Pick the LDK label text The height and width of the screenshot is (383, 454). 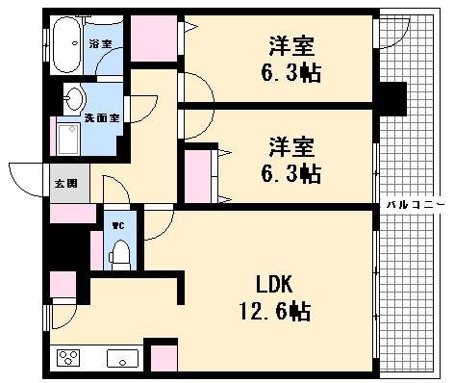[x=273, y=285]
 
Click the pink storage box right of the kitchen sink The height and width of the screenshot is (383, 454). [x=164, y=357]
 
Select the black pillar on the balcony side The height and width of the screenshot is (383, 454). [x=391, y=97]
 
